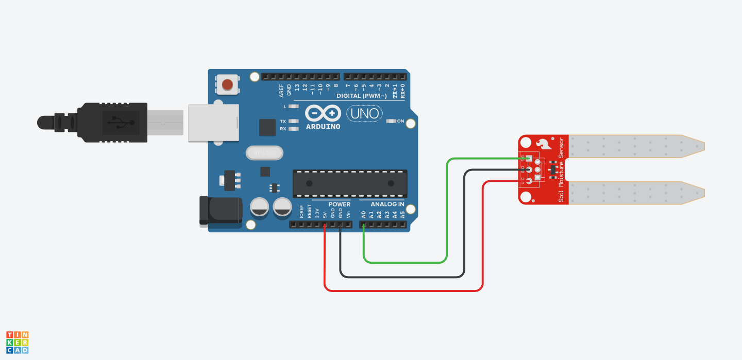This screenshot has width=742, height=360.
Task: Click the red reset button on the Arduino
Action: pos(228,84)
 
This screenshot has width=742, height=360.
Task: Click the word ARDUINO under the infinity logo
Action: pos(323,126)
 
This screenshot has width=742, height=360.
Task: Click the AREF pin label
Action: pos(281,90)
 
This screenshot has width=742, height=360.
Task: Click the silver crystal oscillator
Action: pos(265,153)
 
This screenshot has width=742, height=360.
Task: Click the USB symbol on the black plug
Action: pos(121,122)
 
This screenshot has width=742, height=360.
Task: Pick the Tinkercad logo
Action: pos(18,342)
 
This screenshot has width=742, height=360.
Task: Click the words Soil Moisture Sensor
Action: pos(561,169)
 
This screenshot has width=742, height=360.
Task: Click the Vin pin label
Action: pos(348,214)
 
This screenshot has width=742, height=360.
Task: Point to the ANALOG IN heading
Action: pos(387,204)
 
